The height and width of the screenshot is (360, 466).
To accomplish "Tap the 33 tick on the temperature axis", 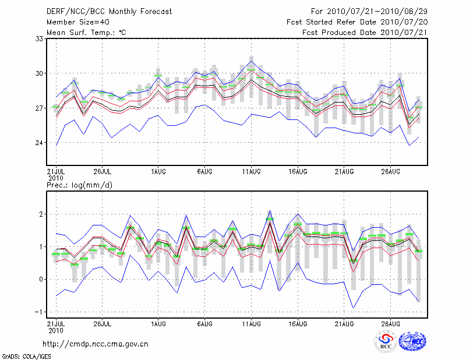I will (40, 39).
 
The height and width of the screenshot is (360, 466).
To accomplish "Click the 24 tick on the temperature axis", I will (40, 143).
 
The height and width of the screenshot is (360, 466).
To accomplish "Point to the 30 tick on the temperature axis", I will (40, 73).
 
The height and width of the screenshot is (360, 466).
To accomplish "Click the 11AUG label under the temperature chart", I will (251, 171).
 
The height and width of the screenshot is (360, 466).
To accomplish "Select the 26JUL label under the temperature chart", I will (102, 171).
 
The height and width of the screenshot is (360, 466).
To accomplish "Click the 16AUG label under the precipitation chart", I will (298, 323).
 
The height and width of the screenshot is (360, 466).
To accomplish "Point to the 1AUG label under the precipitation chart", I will (158, 323).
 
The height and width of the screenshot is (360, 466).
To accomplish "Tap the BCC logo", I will (385, 342).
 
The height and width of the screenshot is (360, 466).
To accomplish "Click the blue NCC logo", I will (412, 342).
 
